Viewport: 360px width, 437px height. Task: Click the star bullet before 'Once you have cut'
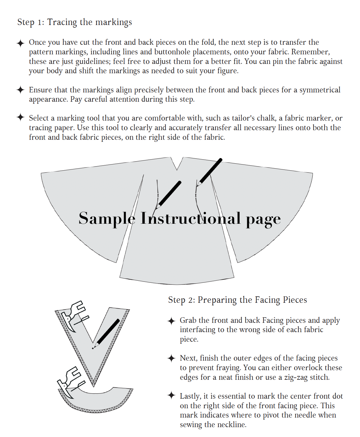(20, 43)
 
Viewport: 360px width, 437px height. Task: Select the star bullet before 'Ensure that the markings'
(20, 90)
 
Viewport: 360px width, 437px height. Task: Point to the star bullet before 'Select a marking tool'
(20, 117)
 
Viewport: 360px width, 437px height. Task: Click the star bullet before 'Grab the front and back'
(172, 321)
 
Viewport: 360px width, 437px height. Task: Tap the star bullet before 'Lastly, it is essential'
(172, 395)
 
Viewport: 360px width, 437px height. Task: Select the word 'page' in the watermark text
(263, 219)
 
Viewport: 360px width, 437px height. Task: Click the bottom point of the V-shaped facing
(93, 385)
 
